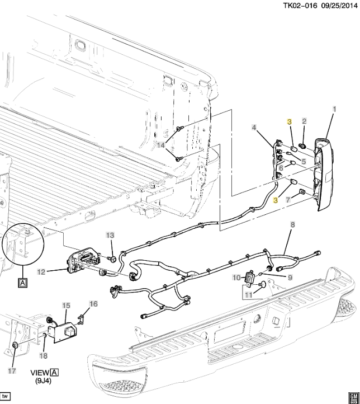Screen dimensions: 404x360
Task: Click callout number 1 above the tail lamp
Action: click(x=334, y=108)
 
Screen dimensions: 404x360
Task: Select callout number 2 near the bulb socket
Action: click(x=304, y=121)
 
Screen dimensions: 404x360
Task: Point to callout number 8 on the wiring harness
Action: click(x=291, y=225)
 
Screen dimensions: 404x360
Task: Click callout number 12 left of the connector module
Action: click(x=41, y=273)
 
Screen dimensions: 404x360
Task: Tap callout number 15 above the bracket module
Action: click(x=66, y=306)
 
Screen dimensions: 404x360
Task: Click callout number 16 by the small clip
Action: click(x=93, y=304)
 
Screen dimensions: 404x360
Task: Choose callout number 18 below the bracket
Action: click(x=44, y=355)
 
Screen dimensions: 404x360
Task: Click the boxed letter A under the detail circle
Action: click(x=23, y=283)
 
